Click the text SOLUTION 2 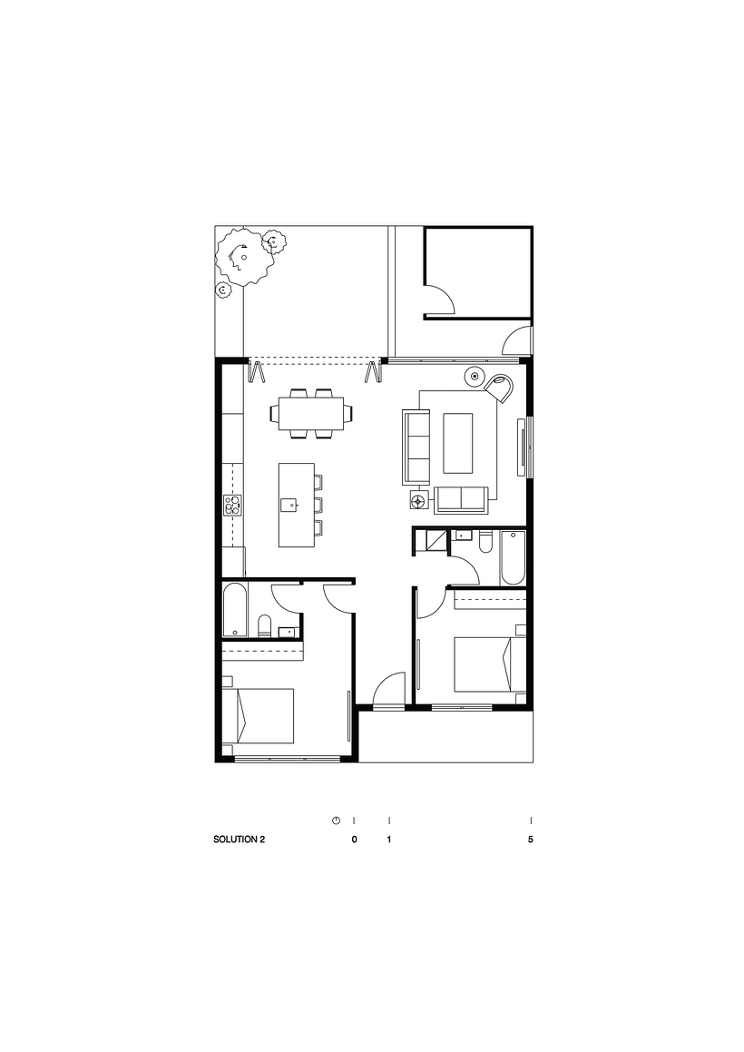click(x=239, y=840)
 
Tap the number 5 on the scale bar click(x=530, y=840)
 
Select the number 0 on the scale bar click(x=354, y=840)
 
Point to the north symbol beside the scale click(x=336, y=820)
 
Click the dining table click(x=311, y=414)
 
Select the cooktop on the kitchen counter click(x=234, y=505)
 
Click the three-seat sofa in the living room click(x=416, y=447)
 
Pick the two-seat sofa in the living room click(x=461, y=499)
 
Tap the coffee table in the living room click(x=457, y=443)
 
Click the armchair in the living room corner click(x=499, y=386)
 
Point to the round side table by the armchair click(x=475, y=375)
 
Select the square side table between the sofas click(x=418, y=499)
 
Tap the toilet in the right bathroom click(x=485, y=544)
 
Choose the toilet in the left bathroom click(x=264, y=625)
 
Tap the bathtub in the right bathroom click(x=512, y=558)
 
